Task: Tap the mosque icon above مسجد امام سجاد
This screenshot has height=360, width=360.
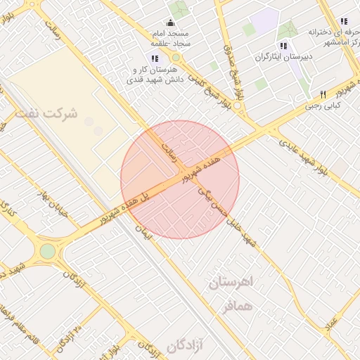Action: pyautogui.click(x=169, y=23)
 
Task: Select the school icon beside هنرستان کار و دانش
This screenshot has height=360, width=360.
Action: pyautogui.click(x=155, y=58)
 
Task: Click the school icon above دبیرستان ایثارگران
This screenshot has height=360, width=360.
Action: pyautogui.click(x=284, y=46)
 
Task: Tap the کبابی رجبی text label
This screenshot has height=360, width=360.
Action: pyautogui.click(x=323, y=106)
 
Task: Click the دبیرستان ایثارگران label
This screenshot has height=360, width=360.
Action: pyautogui.click(x=283, y=56)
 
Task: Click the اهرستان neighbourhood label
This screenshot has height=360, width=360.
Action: pyautogui.click(x=234, y=283)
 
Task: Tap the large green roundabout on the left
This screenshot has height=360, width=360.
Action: pyautogui.click(x=47, y=251)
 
